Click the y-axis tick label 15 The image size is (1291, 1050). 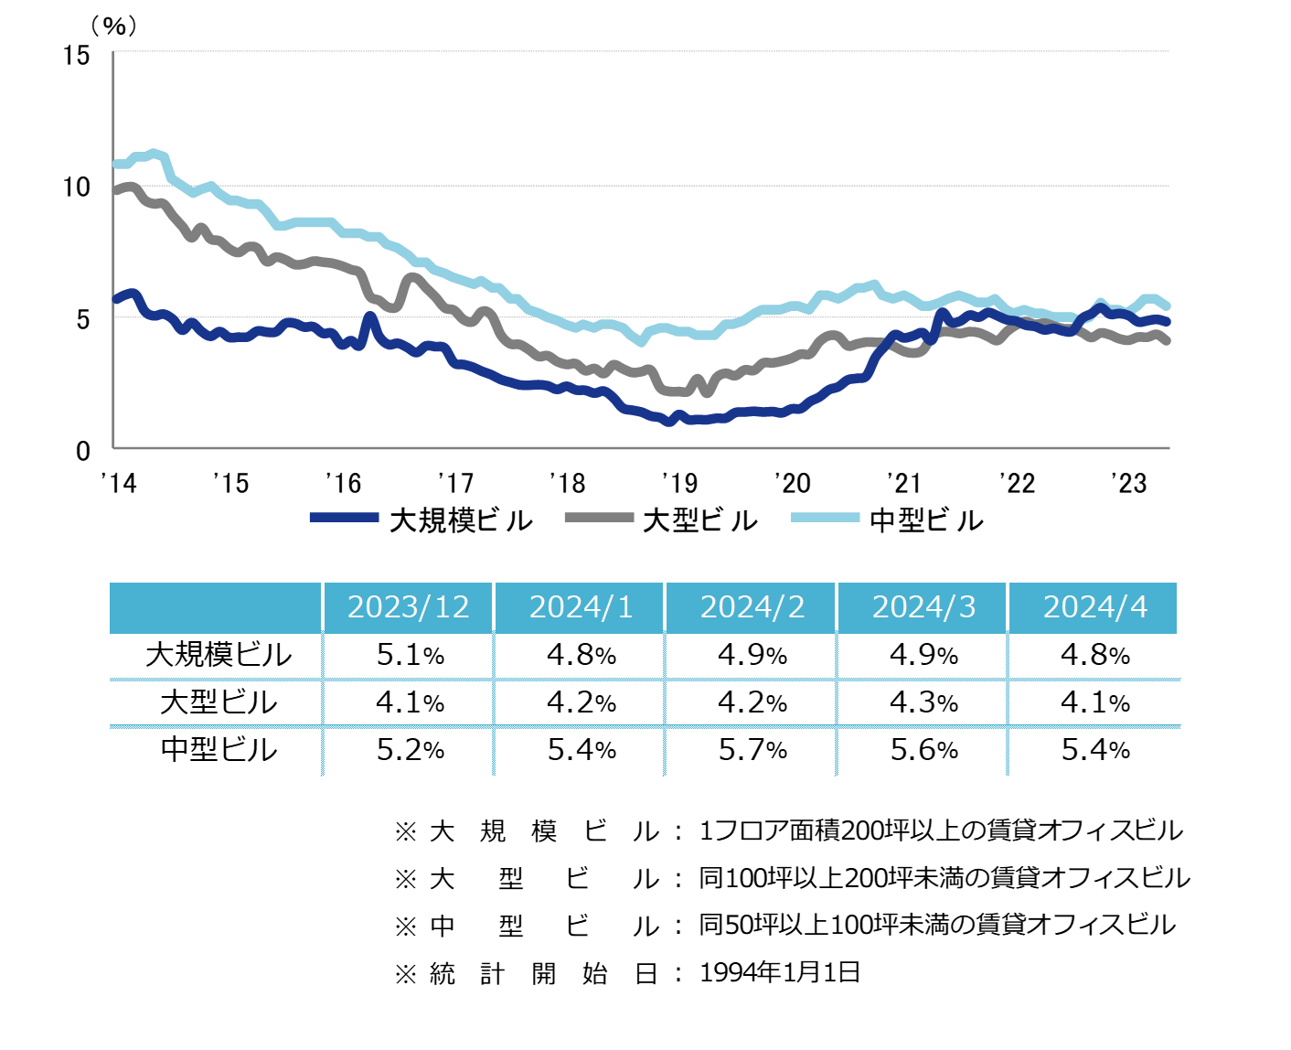point(77,56)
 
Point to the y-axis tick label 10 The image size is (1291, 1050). point(77,187)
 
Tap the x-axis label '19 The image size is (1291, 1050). point(679,482)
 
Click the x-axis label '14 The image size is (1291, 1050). point(118,482)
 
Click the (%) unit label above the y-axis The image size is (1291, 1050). point(114,26)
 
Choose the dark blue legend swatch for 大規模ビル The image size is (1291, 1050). point(344,518)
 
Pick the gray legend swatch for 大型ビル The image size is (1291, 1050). point(599,518)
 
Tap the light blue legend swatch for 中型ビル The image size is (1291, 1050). point(825,518)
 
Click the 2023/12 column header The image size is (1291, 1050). point(408,607)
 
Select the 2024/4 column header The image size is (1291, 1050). point(1094,607)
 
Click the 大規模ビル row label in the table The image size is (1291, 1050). point(219,655)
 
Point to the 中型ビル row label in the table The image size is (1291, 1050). point(219,750)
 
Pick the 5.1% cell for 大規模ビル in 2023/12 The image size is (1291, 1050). point(410,655)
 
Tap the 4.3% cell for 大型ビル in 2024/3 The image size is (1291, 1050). point(923,702)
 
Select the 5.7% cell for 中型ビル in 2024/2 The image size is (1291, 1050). point(752,750)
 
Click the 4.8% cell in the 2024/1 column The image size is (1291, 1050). point(581,655)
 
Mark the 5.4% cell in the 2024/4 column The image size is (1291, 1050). point(1095,750)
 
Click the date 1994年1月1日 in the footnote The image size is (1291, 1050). point(780,972)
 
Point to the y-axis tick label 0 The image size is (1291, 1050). point(83,450)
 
